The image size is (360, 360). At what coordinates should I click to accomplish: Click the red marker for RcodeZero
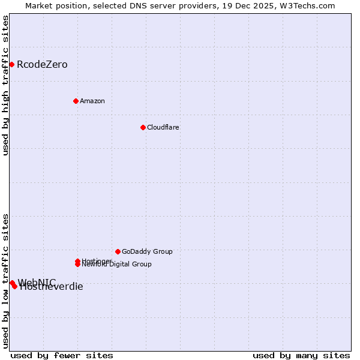[x=11, y=64]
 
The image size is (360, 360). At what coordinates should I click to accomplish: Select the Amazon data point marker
[x=76, y=101]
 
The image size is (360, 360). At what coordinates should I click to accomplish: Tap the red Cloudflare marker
[x=143, y=127]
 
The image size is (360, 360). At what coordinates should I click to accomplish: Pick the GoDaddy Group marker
[x=118, y=251]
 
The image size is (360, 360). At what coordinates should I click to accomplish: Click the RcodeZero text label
[x=42, y=64]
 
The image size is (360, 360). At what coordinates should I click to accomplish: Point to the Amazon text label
[x=92, y=101]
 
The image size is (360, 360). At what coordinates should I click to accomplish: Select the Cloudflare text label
[x=163, y=127]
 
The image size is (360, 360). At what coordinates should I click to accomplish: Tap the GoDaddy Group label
[x=147, y=251]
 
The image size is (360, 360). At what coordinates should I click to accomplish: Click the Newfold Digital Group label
[x=117, y=265]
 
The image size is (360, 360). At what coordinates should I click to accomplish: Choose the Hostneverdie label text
[x=52, y=287]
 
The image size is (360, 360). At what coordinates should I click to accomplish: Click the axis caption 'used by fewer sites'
[x=62, y=355]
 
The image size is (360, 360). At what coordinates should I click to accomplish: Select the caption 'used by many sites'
[x=301, y=355]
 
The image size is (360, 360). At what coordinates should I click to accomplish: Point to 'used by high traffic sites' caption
[x=6, y=85]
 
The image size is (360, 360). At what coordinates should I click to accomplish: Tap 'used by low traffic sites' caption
[x=6, y=280]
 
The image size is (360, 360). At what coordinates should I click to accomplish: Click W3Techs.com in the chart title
[x=305, y=5]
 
